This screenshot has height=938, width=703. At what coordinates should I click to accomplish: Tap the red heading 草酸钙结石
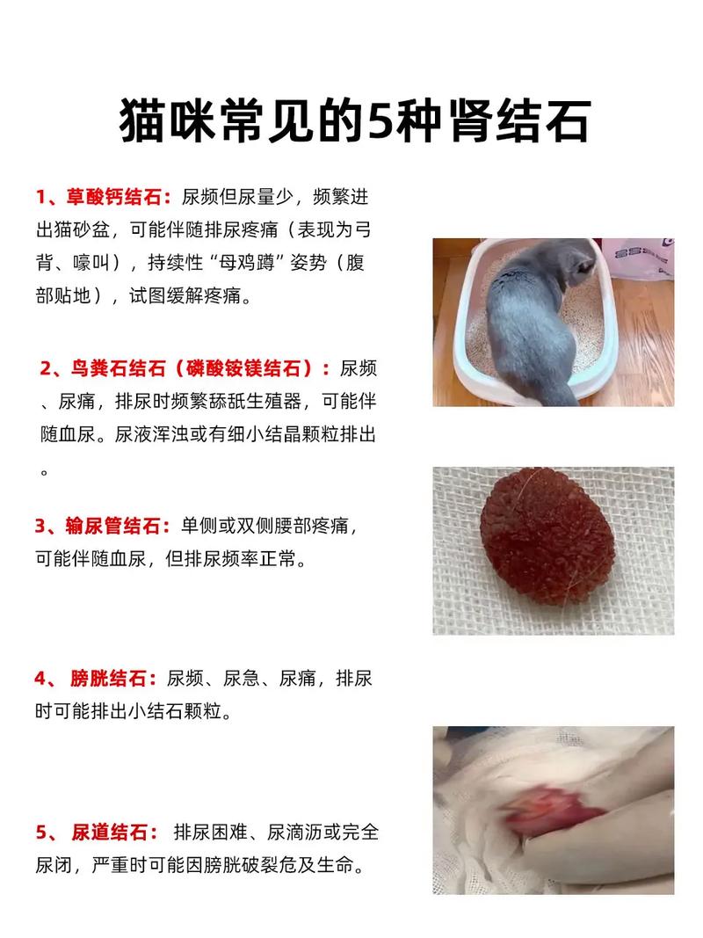click(117, 195)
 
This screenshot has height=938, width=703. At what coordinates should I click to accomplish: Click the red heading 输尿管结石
click(117, 526)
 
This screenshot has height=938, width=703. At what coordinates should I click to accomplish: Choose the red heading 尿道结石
click(112, 832)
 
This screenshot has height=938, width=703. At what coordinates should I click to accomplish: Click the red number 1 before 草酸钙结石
click(40, 195)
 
